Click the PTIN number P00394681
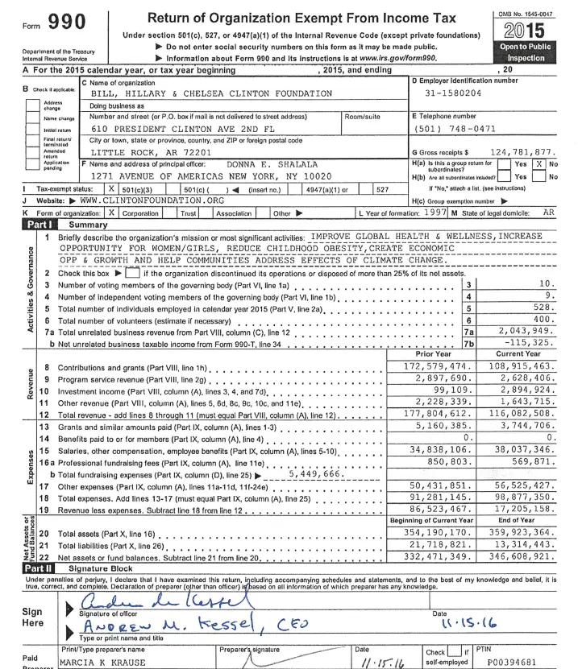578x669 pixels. coord(525,661)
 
